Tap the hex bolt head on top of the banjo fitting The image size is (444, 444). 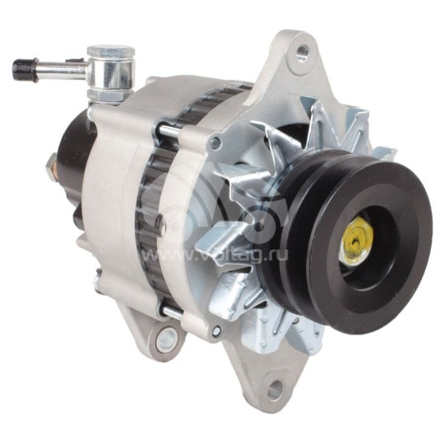point(110,52)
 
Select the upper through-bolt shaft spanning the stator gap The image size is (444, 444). point(169,129)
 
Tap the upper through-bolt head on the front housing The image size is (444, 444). point(215,143)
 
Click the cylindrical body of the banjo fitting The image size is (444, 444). point(112,73)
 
